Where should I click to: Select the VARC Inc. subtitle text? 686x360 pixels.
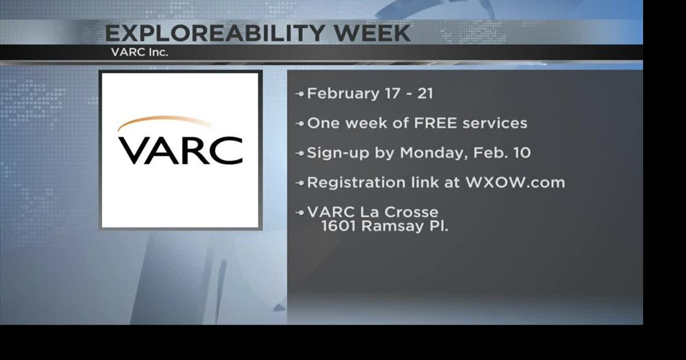tap(139, 52)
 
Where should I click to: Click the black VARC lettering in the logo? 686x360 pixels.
tap(180, 150)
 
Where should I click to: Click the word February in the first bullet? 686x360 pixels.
tap(343, 93)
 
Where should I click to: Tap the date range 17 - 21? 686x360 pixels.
tap(409, 93)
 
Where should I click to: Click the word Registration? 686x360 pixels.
tap(356, 183)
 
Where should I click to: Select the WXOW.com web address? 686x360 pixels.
tap(515, 183)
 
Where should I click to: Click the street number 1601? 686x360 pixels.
tap(339, 226)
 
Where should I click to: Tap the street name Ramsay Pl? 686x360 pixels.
tap(405, 226)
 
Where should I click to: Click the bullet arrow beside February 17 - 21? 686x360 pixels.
tap(300, 94)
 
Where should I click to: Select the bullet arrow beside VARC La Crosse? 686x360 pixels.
tap(300, 213)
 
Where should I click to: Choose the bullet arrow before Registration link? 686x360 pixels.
tap(300, 183)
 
